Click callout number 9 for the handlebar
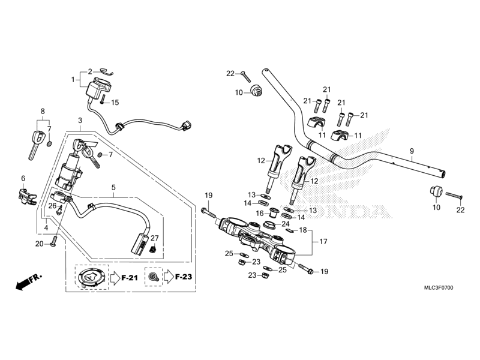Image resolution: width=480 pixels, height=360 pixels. pyautogui.click(x=412, y=151)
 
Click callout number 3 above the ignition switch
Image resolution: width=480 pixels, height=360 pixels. pyautogui.click(x=79, y=121)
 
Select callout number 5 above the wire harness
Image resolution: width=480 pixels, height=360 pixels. pyautogui.click(x=113, y=187)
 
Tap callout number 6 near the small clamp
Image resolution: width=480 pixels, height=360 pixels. pyautogui.click(x=23, y=178)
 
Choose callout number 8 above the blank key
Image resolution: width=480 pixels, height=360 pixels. pyautogui.click(x=43, y=111)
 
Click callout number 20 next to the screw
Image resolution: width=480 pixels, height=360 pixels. pyautogui.click(x=39, y=244)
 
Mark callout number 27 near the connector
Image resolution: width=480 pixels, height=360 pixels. pyautogui.click(x=154, y=238)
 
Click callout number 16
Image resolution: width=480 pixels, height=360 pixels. pyautogui.click(x=259, y=213)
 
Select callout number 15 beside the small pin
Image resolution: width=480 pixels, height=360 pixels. pyautogui.click(x=115, y=102)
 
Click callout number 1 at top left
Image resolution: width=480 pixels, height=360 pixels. pyautogui.click(x=74, y=79)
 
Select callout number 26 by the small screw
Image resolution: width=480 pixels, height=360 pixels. pyautogui.click(x=52, y=206)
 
